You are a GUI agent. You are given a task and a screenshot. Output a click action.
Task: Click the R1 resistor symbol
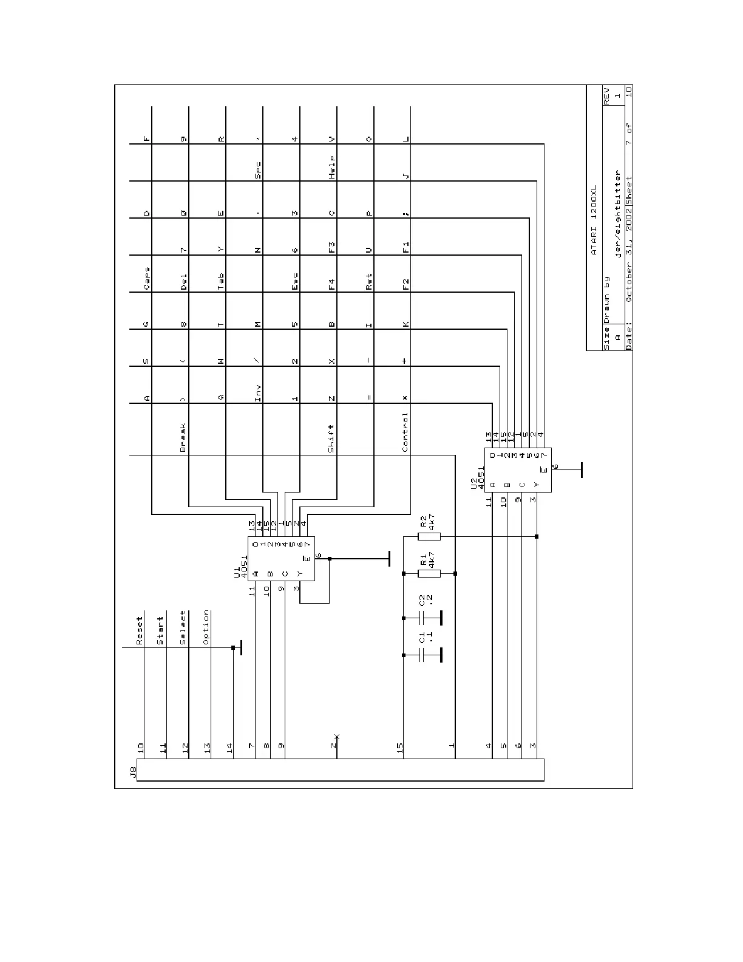(x=430, y=573)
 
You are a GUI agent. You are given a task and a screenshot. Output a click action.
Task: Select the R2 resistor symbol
(x=430, y=537)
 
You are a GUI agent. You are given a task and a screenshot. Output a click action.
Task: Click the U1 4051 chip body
(x=281, y=559)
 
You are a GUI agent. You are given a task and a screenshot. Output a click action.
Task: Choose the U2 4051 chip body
(x=518, y=469)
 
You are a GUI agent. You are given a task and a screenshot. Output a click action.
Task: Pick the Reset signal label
(x=139, y=631)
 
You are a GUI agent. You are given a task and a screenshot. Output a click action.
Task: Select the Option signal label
(x=206, y=627)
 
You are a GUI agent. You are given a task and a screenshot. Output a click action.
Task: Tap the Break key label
(x=183, y=438)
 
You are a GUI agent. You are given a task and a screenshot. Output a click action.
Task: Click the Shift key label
(x=331, y=438)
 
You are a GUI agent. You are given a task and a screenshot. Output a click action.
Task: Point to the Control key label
(x=405, y=432)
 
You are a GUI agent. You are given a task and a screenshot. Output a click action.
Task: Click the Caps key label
(x=146, y=278)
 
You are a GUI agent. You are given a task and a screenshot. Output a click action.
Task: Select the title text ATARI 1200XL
(x=595, y=220)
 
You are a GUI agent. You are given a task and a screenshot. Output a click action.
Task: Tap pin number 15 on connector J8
(x=399, y=749)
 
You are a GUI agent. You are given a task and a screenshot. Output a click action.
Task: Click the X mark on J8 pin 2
(x=337, y=737)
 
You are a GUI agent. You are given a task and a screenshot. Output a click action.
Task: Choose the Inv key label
(x=257, y=393)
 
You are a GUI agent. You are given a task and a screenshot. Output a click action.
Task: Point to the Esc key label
(x=294, y=282)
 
